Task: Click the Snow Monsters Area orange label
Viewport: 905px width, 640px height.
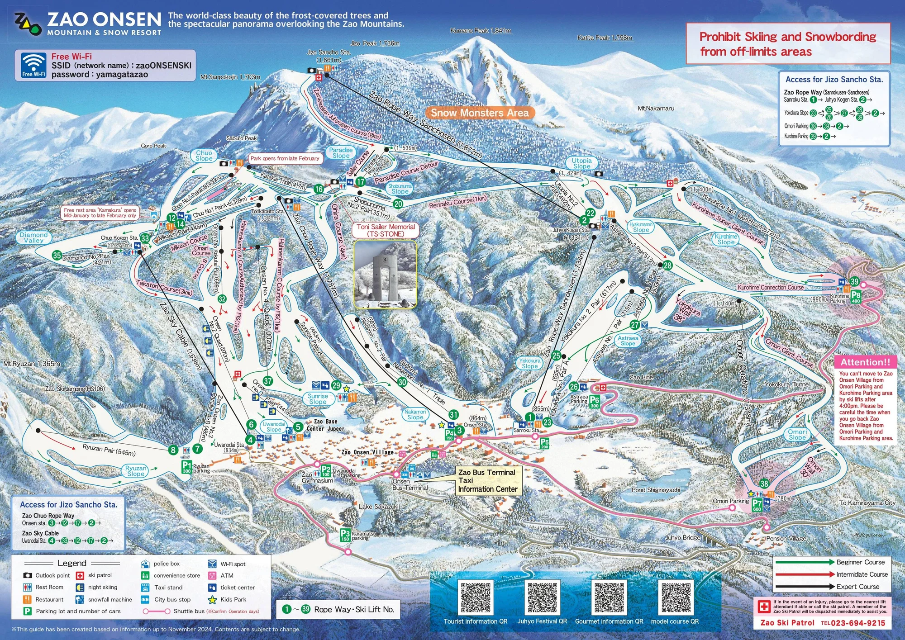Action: point(480,113)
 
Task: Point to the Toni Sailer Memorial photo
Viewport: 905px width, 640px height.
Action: point(385,274)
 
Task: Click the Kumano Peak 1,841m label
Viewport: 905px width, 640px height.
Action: point(481,31)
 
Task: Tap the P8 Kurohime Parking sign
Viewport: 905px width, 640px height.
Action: point(855,297)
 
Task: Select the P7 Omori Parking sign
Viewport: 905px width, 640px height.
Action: point(757,505)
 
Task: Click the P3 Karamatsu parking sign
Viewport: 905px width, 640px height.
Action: point(345,535)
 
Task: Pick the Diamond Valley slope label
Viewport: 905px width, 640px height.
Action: point(33,237)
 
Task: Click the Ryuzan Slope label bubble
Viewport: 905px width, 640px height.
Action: point(136,471)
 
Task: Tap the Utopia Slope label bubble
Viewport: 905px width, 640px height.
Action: point(581,163)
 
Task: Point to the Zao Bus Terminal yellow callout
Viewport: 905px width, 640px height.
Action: point(487,480)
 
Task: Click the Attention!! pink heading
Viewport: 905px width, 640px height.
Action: point(865,362)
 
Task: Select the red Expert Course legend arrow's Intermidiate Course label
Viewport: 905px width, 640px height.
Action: point(862,574)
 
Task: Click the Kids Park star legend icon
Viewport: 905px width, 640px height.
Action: point(212,600)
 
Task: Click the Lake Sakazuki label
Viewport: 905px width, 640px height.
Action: point(378,507)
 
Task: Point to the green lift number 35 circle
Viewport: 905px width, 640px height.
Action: point(57,256)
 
